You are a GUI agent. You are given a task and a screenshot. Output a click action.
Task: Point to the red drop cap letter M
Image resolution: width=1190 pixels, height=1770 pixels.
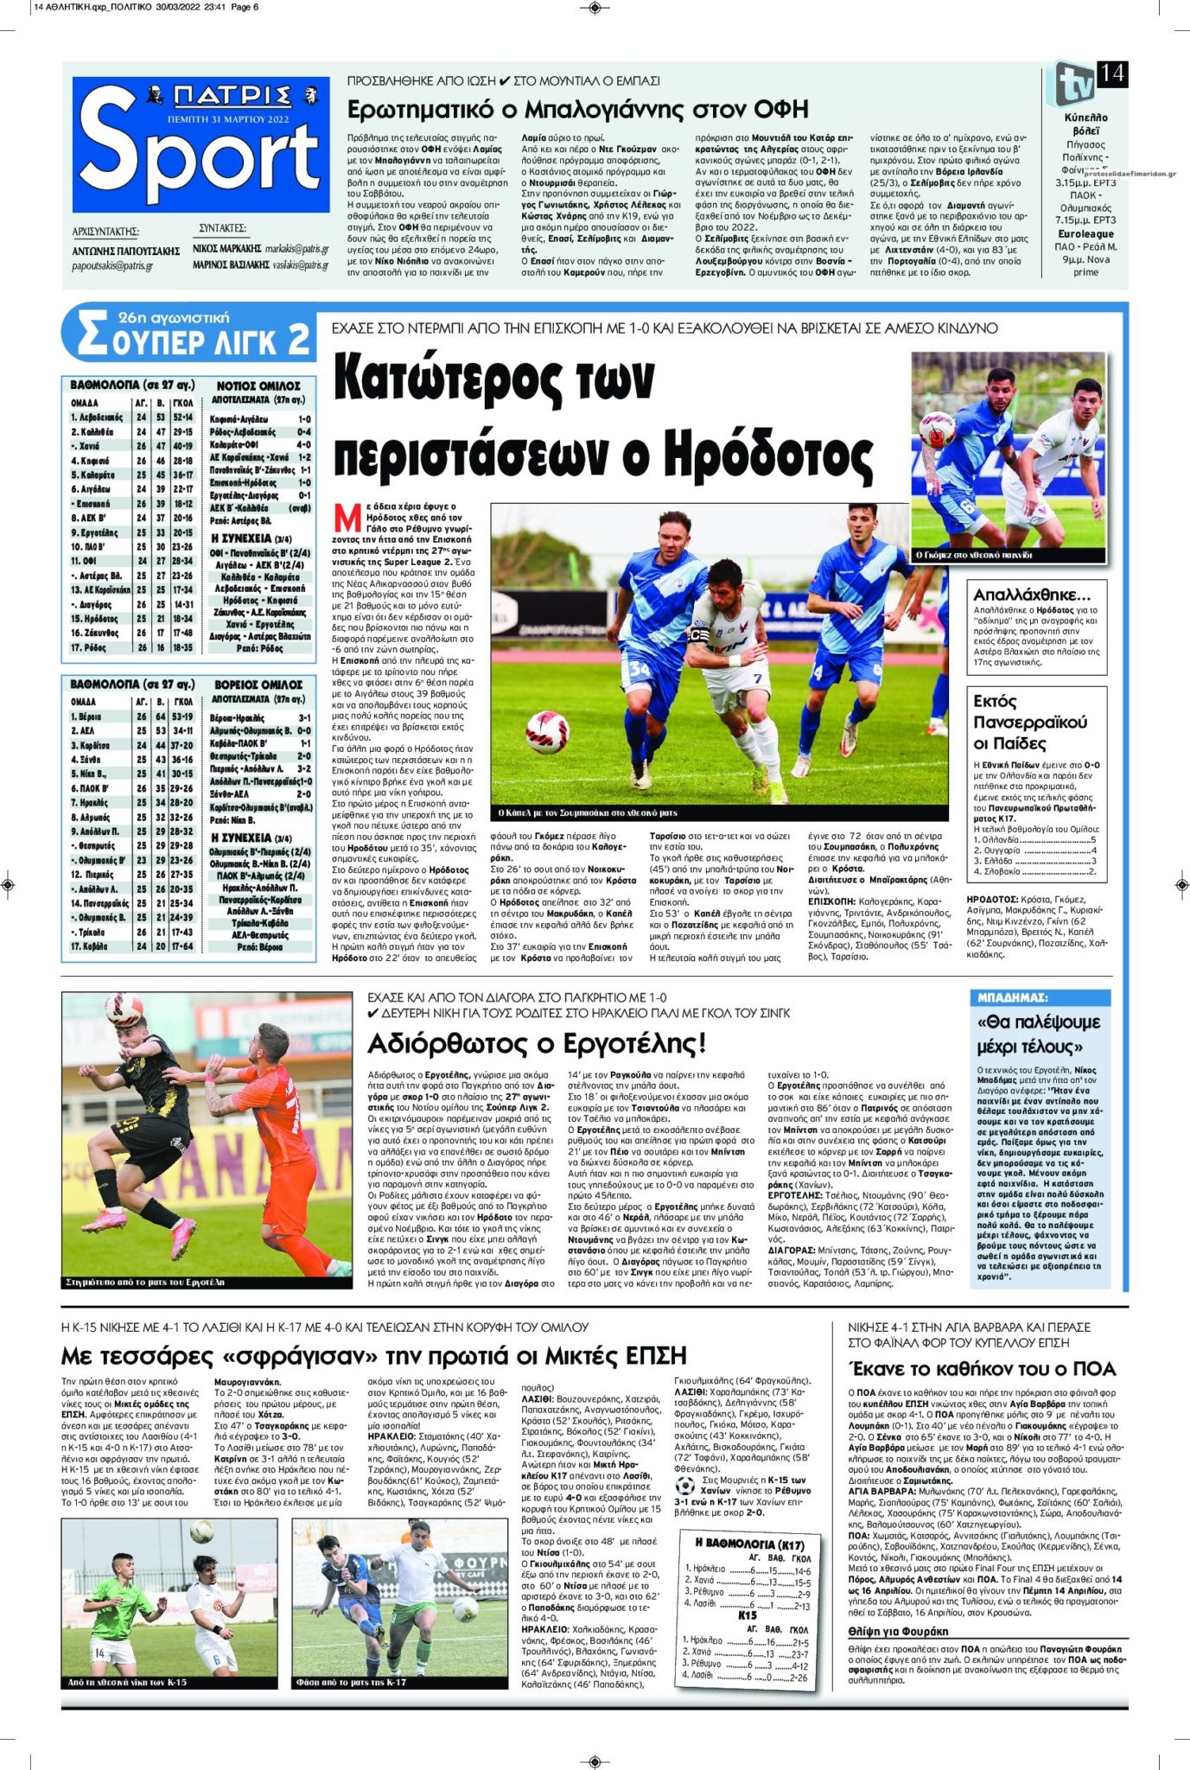347,519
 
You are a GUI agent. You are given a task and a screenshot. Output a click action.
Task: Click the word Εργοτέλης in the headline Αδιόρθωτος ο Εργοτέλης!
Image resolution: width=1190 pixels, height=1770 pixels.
640,1043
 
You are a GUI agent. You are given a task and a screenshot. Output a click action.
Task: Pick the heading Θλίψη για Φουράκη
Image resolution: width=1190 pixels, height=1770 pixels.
898,1631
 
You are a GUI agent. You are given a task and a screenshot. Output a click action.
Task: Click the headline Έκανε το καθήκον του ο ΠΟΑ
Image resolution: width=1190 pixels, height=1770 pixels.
983,1368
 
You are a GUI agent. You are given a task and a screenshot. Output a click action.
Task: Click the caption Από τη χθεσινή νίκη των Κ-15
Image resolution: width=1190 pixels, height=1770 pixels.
127,1682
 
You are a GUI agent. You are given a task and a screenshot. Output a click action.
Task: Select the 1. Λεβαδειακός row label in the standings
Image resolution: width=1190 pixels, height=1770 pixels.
97,417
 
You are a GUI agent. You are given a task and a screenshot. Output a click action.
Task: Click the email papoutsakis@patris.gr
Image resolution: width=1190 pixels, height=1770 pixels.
112,266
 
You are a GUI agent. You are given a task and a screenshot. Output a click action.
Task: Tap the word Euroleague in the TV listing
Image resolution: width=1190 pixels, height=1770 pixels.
1085,233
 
